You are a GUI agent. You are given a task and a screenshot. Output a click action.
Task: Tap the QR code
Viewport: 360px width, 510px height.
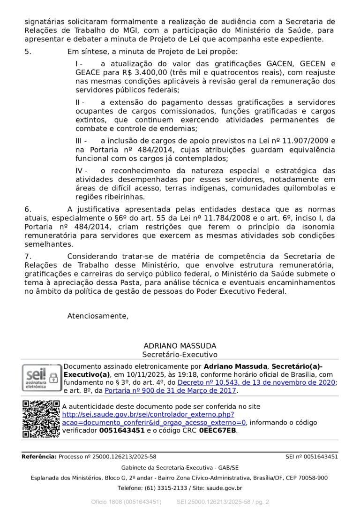(41, 419)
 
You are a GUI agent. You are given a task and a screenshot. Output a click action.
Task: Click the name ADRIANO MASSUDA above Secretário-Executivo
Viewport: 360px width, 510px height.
(180, 346)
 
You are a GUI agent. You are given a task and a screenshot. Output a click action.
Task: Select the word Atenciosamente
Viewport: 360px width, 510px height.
(97, 316)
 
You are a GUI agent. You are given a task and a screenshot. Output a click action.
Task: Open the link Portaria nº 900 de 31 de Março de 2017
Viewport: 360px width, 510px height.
(171, 390)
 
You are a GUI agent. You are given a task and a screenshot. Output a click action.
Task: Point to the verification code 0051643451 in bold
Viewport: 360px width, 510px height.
(122, 430)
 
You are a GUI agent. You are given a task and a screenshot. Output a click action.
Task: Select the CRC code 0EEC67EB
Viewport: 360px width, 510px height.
(217, 430)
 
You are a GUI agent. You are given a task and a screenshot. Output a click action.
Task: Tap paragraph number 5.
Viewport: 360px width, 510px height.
(28, 52)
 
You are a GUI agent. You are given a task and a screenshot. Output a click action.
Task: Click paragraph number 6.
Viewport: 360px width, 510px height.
(28, 209)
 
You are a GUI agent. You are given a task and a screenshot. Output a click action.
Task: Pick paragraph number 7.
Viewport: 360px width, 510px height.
(28, 256)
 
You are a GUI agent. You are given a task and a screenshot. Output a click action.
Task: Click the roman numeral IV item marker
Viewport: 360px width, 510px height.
(81, 170)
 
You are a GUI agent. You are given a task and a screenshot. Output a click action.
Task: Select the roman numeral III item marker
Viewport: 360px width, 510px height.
(81, 141)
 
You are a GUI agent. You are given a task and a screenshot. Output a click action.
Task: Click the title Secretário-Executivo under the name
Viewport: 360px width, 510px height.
(180, 355)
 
